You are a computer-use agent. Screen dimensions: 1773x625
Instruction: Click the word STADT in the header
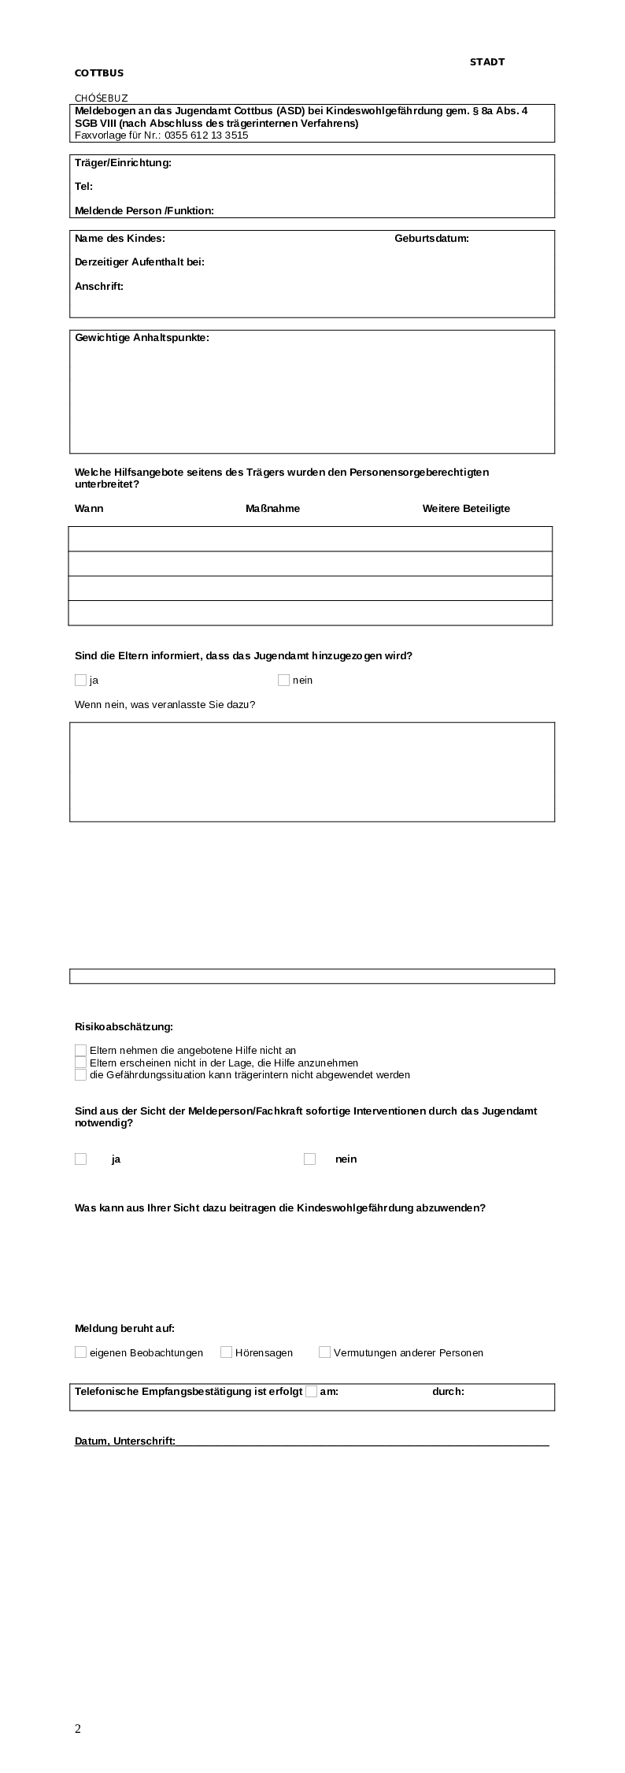click(x=486, y=61)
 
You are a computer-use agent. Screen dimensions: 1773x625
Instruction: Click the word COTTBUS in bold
click(x=99, y=73)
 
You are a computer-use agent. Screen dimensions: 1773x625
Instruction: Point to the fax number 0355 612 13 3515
click(x=206, y=135)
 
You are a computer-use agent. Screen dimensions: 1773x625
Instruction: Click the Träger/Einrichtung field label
click(x=123, y=163)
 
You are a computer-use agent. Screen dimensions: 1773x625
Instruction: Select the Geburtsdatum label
click(x=431, y=239)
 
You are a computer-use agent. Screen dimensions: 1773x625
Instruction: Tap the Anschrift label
click(x=99, y=287)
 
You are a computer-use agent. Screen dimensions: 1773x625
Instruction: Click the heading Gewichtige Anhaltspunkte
click(x=142, y=338)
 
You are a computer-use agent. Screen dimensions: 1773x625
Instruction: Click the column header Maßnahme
click(x=272, y=509)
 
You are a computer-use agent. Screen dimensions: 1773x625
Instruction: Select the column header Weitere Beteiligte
click(x=466, y=509)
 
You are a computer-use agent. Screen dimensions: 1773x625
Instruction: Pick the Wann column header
click(x=89, y=509)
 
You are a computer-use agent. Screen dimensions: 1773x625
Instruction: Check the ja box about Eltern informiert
click(x=80, y=680)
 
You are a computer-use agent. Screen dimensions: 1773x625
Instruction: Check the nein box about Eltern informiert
click(x=283, y=680)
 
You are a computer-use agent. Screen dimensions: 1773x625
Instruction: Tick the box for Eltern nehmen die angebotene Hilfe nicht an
click(x=80, y=1050)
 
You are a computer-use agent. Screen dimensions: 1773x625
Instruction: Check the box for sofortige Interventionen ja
click(x=80, y=1159)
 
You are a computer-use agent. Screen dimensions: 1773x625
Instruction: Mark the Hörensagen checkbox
click(x=226, y=1352)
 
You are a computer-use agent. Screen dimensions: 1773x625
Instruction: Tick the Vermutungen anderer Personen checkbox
click(x=324, y=1352)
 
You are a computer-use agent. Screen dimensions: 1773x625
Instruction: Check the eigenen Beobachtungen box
click(x=80, y=1352)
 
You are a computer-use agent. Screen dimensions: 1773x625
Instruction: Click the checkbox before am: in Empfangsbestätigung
click(x=311, y=1391)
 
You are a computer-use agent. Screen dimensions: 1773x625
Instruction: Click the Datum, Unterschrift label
click(x=125, y=1441)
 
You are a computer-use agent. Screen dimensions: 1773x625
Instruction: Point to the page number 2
click(x=78, y=1729)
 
